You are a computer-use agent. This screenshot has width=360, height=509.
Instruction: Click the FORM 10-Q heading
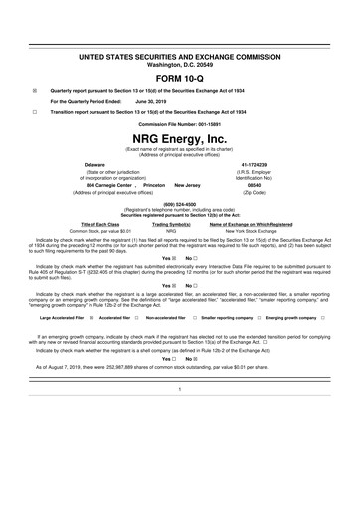[180, 76]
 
